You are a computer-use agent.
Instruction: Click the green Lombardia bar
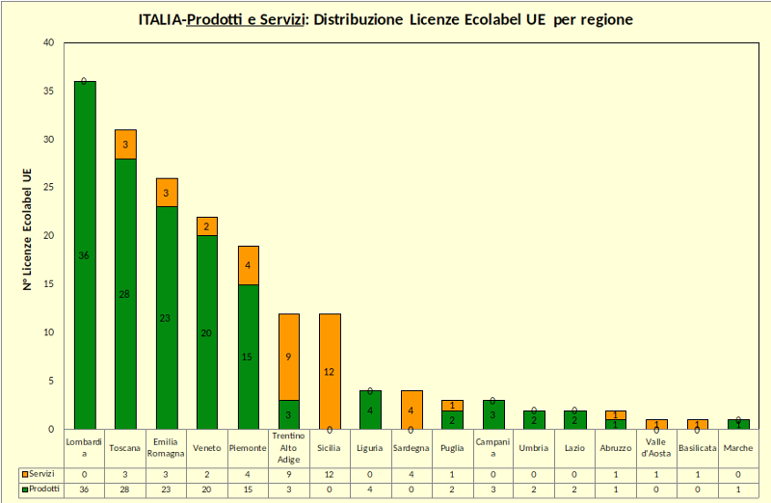[x=85, y=254]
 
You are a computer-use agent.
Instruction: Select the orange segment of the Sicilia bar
[x=329, y=371]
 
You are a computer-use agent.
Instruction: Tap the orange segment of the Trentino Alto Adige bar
[x=288, y=357]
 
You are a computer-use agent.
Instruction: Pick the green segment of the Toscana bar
[x=125, y=294]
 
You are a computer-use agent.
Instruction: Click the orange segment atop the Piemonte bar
[x=248, y=265]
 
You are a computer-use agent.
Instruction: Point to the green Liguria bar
[x=369, y=410]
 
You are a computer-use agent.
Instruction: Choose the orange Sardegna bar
[x=411, y=410]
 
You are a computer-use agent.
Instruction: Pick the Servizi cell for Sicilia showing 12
[x=329, y=474]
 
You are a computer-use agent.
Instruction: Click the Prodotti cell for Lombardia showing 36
[x=85, y=490]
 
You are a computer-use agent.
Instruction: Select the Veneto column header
[x=207, y=448]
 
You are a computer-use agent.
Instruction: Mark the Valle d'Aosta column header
[x=655, y=448]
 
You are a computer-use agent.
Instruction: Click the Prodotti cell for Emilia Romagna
[x=166, y=490]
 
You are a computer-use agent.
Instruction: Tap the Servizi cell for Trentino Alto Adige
[x=288, y=474]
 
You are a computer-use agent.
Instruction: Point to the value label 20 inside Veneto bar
[x=206, y=332]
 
